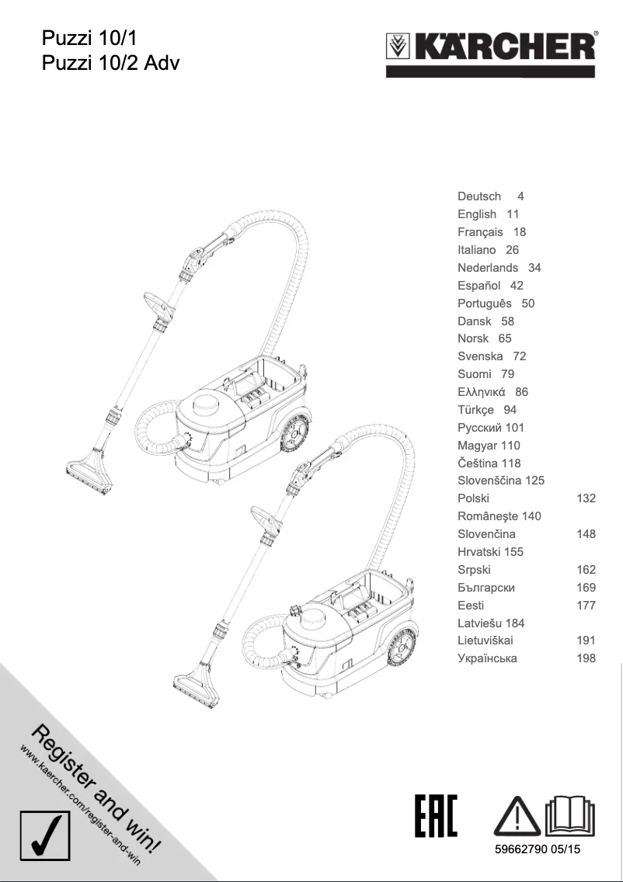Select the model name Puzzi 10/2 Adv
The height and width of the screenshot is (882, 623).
tap(110, 62)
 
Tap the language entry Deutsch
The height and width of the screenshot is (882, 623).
tap(479, 196)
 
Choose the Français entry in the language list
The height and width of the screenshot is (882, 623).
tap(480, 232)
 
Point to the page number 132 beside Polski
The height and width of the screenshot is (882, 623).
tap(586, 498)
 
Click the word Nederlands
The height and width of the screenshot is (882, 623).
tap(488, 268)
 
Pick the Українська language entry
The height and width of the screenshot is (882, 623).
tap(487, 658)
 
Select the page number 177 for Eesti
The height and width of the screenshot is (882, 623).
tap(586, 606)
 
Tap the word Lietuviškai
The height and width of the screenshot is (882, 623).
tap(486, 641)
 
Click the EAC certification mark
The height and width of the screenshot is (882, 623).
tap(436, 815)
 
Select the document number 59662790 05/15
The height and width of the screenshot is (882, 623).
tap(538, 849)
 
